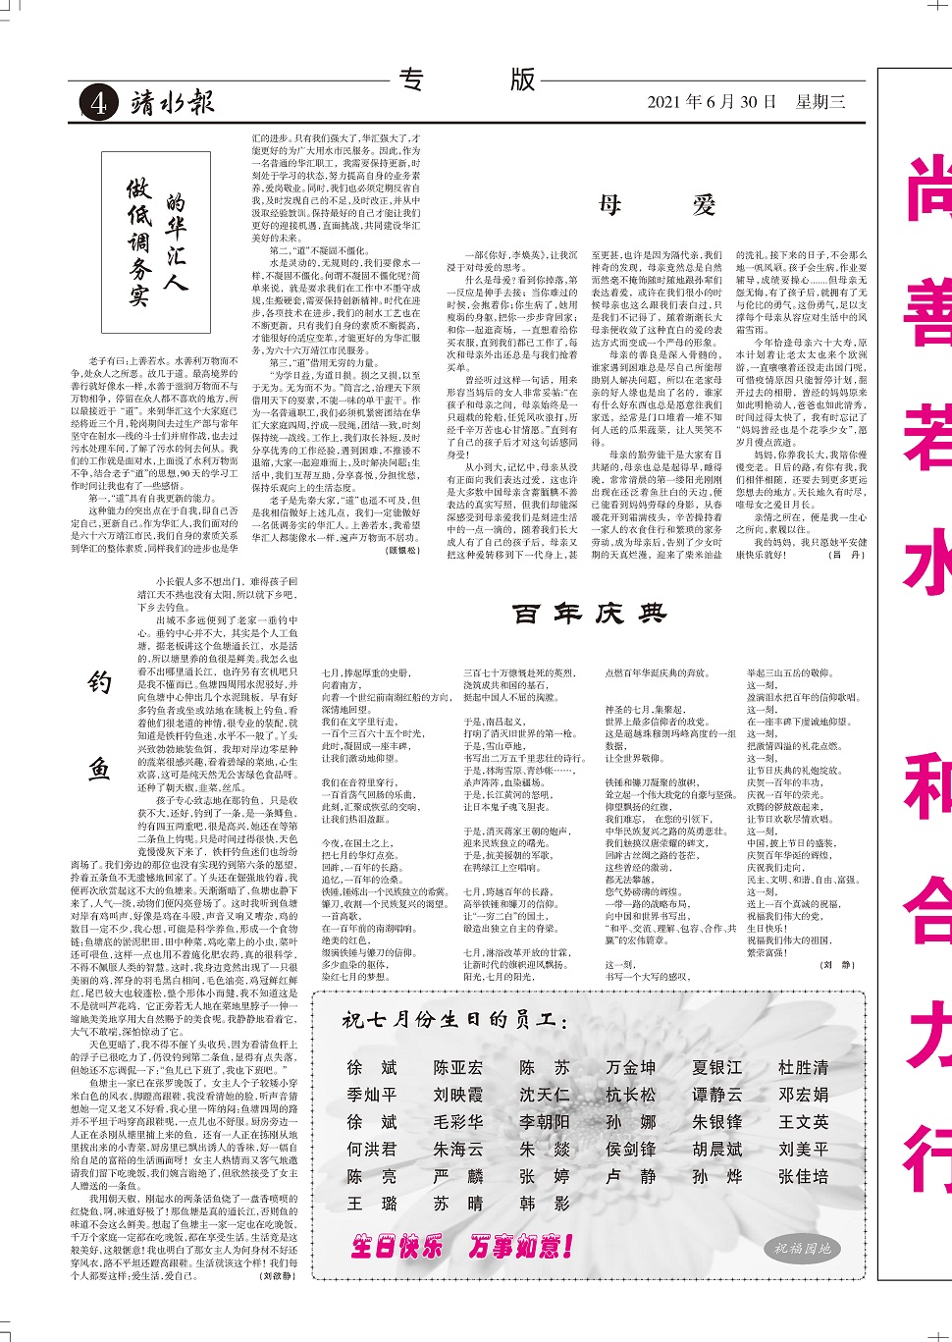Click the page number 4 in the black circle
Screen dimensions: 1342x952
pyautogui.click(x=98, y=103)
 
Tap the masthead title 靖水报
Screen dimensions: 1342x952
pyautogui.click(x=173, y=102)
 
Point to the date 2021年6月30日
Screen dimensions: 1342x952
pyautogui.click(x=712, y=102)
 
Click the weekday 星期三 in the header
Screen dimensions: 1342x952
pyautogui.click(x=820, y=102)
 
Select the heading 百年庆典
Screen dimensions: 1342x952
pyautogui.click(x=589, y=615)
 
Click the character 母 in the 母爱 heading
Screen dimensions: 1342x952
pyautogui.click(x=609, y=205)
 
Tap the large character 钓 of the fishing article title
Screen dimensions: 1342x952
pyautogui.click(x=100, y=683)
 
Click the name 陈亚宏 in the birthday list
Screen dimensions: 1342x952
pyautogui.click(x=458, y=1067)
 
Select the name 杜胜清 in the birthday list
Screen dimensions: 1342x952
pyautogui.click(x=803, y=1067)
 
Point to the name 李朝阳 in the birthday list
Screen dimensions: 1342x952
pyautogui.click(x=544, y=1121)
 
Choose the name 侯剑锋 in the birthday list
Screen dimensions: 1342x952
pyautogui.click(x=630, y=1149)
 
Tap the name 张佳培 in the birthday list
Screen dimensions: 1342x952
pyautogui.click(x=803, y=1176)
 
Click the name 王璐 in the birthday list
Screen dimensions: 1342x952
pyautogui.click(x=372, y=1204)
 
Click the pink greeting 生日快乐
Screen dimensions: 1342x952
pyautogui.click(x=397, y=1247)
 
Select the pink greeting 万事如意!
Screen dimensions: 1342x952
pyautogui.click(x=520, y=1247)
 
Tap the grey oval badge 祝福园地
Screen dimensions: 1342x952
pyautogui.click(x=802, y=1249)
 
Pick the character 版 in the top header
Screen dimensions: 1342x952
pyautogui.click(x=522, y=79)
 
